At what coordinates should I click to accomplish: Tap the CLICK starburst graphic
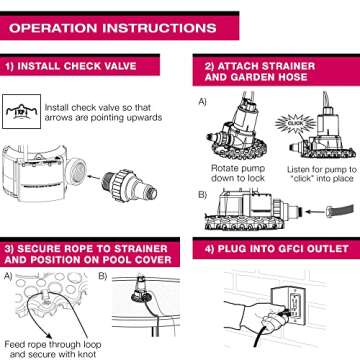295,123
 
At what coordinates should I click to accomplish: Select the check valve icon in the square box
21,112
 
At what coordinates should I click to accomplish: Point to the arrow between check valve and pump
95,178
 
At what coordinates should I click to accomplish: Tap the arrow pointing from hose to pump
314,211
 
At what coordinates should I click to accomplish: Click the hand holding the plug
256,313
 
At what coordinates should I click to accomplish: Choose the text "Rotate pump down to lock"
238,173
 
